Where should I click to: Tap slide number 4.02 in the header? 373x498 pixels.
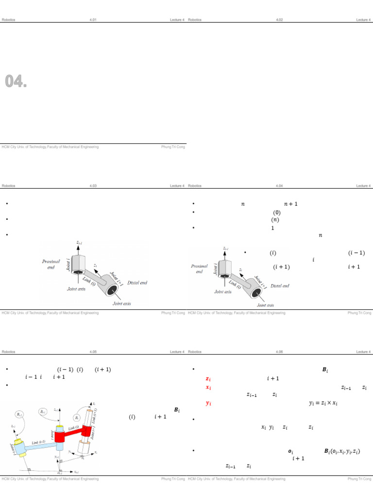[279, 20]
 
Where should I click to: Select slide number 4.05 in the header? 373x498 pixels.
[93, 352]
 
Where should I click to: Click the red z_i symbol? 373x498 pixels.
[208, 379]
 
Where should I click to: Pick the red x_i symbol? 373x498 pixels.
[208, 388]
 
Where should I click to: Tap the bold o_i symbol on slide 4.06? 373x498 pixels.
[290, 451]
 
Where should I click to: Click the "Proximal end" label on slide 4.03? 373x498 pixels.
[51, 264]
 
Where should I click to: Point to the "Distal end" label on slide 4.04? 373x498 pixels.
[280, 286]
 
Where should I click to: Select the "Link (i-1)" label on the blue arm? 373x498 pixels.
[42, 442]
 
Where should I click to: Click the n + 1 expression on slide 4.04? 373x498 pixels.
[290, 204]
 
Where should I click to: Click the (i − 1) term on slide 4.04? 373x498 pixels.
[356, 253]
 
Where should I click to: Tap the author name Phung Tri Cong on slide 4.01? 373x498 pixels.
[173, 147]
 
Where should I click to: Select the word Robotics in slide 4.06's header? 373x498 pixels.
[195, 352]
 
